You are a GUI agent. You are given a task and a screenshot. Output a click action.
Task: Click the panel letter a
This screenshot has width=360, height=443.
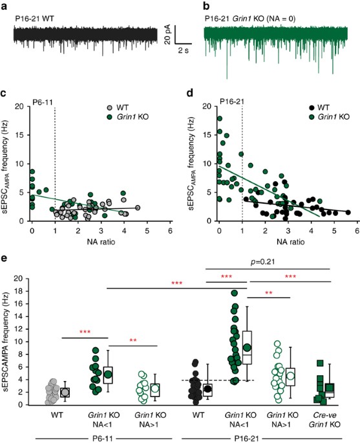point(5,6)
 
